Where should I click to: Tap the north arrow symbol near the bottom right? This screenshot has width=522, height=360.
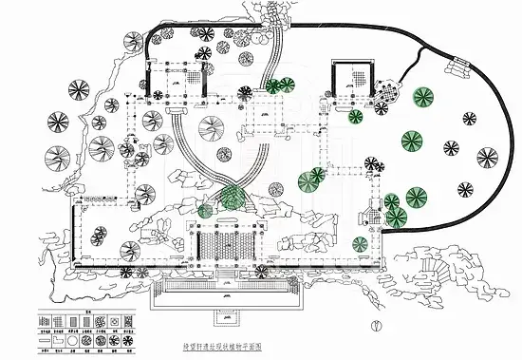[378, 325]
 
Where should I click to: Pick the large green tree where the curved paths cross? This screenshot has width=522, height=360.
[227, 198]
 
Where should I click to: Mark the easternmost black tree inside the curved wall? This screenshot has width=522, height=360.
[488, 157]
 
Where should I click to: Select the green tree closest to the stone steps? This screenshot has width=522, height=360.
[421, 97]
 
